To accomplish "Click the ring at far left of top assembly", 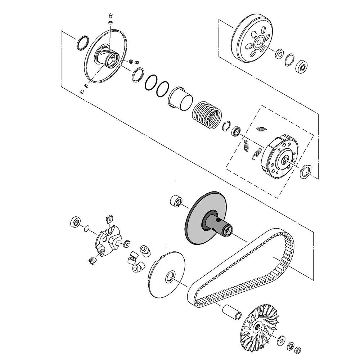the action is tap(82, 42).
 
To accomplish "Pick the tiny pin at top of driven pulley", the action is tap(111, 15).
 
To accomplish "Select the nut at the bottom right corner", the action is tap(298, 350).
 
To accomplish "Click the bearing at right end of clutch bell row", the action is tap(301, 67).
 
